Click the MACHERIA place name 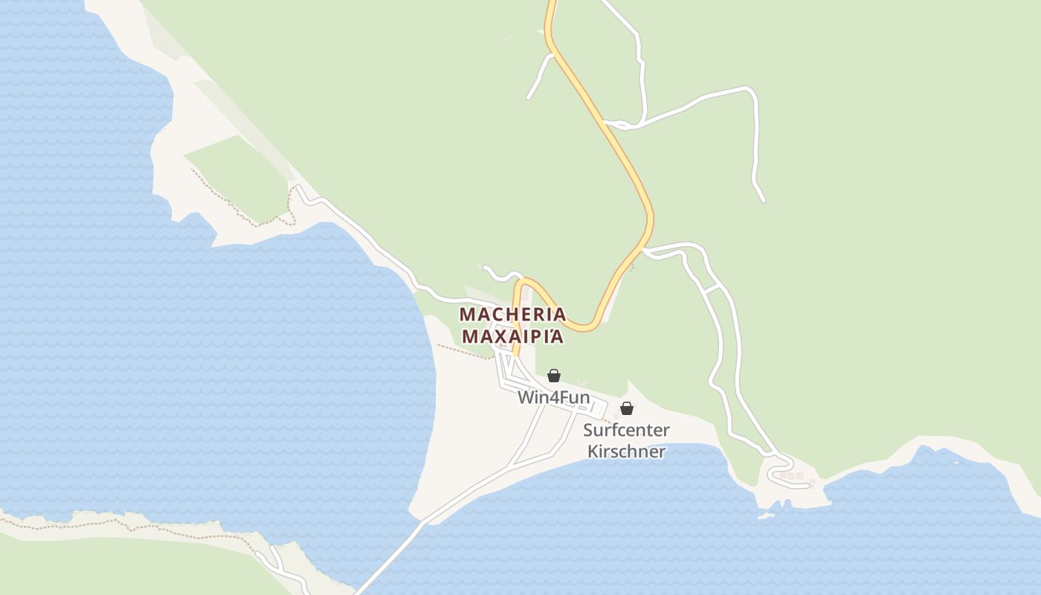(512, 314)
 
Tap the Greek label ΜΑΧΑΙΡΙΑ (512, 336)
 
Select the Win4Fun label (553, 397)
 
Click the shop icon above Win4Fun (554, 376)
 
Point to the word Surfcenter (626, 430)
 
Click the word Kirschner (626, 451)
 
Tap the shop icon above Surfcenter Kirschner (627, 408)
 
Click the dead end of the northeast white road (763, 200)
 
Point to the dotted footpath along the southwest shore (112, 524)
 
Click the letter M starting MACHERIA (467, 314)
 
